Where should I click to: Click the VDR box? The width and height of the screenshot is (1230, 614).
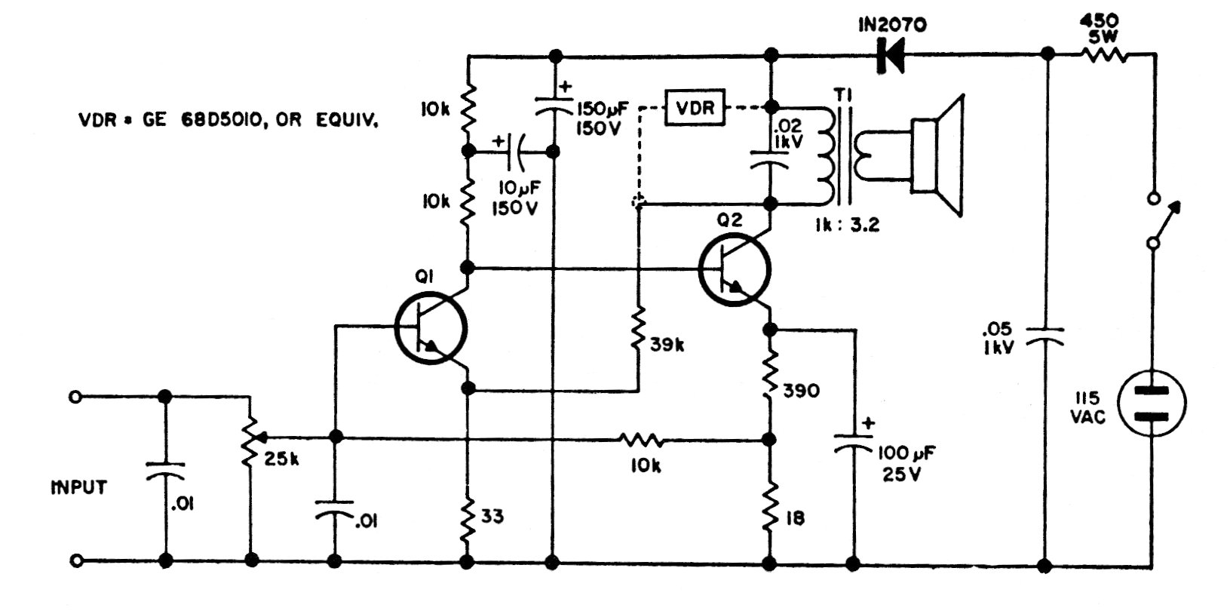(x=695, y=108)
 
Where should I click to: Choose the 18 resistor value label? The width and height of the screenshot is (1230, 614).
(x=794, y=518)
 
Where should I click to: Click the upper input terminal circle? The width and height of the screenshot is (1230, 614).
(x=75, y=397)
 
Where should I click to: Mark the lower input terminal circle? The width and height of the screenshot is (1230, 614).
(x=75, y=561)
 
